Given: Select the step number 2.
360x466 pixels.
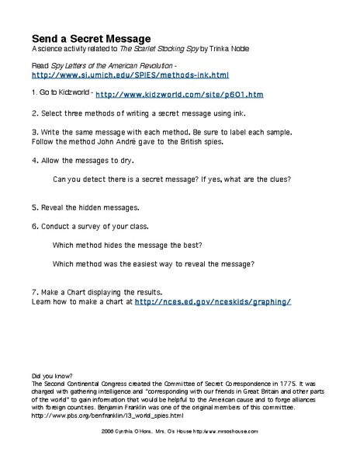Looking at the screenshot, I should click(x=33, y=113).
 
